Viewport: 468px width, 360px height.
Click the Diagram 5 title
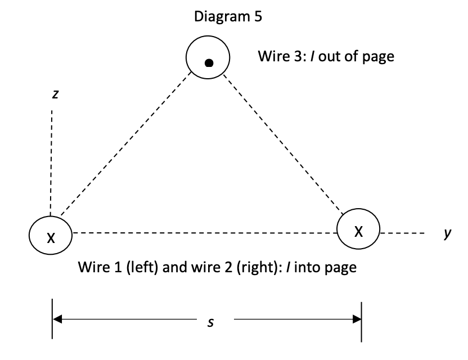(x=228, y=16)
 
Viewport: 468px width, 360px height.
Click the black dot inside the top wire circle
(x=209, y=62)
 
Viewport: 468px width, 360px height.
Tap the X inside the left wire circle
(x=51, y=238)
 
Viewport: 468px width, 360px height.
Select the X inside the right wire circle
(x=358, y=230)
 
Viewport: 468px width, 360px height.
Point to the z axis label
(x=55, y=94)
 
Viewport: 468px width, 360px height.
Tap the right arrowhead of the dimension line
(x=355, y=319)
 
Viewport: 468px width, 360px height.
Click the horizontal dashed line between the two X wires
(x=202, y=232)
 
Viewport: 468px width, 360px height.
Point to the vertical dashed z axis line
(x=51, y=163)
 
